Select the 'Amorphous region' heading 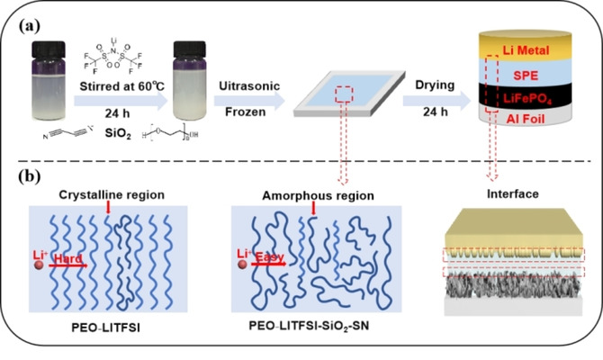[x=310, y=194]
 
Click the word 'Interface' [x=513, y=194]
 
